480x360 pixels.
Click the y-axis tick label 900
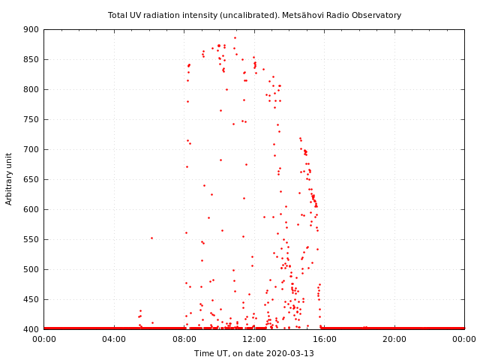point(31,29)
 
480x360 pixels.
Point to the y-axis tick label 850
point(31,59)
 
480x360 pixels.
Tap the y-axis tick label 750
point(31,119)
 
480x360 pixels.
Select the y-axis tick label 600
point(31,209)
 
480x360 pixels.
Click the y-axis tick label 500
point(31,269)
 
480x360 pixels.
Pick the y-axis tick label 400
point(31,329)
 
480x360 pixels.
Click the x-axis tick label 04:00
point(114,339)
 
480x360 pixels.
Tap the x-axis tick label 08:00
point(184,339)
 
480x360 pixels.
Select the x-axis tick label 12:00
point(254,339)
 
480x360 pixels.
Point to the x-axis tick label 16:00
point(324,339)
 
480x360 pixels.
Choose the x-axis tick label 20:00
point(394,339)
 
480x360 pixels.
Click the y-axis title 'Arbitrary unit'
point(10,178)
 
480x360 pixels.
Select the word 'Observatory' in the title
point(376,15)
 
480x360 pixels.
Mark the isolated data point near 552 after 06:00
point(151,238)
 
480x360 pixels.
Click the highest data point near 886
point(235,37)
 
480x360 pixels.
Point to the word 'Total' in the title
point(118,15)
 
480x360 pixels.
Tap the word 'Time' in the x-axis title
point(204,353)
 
